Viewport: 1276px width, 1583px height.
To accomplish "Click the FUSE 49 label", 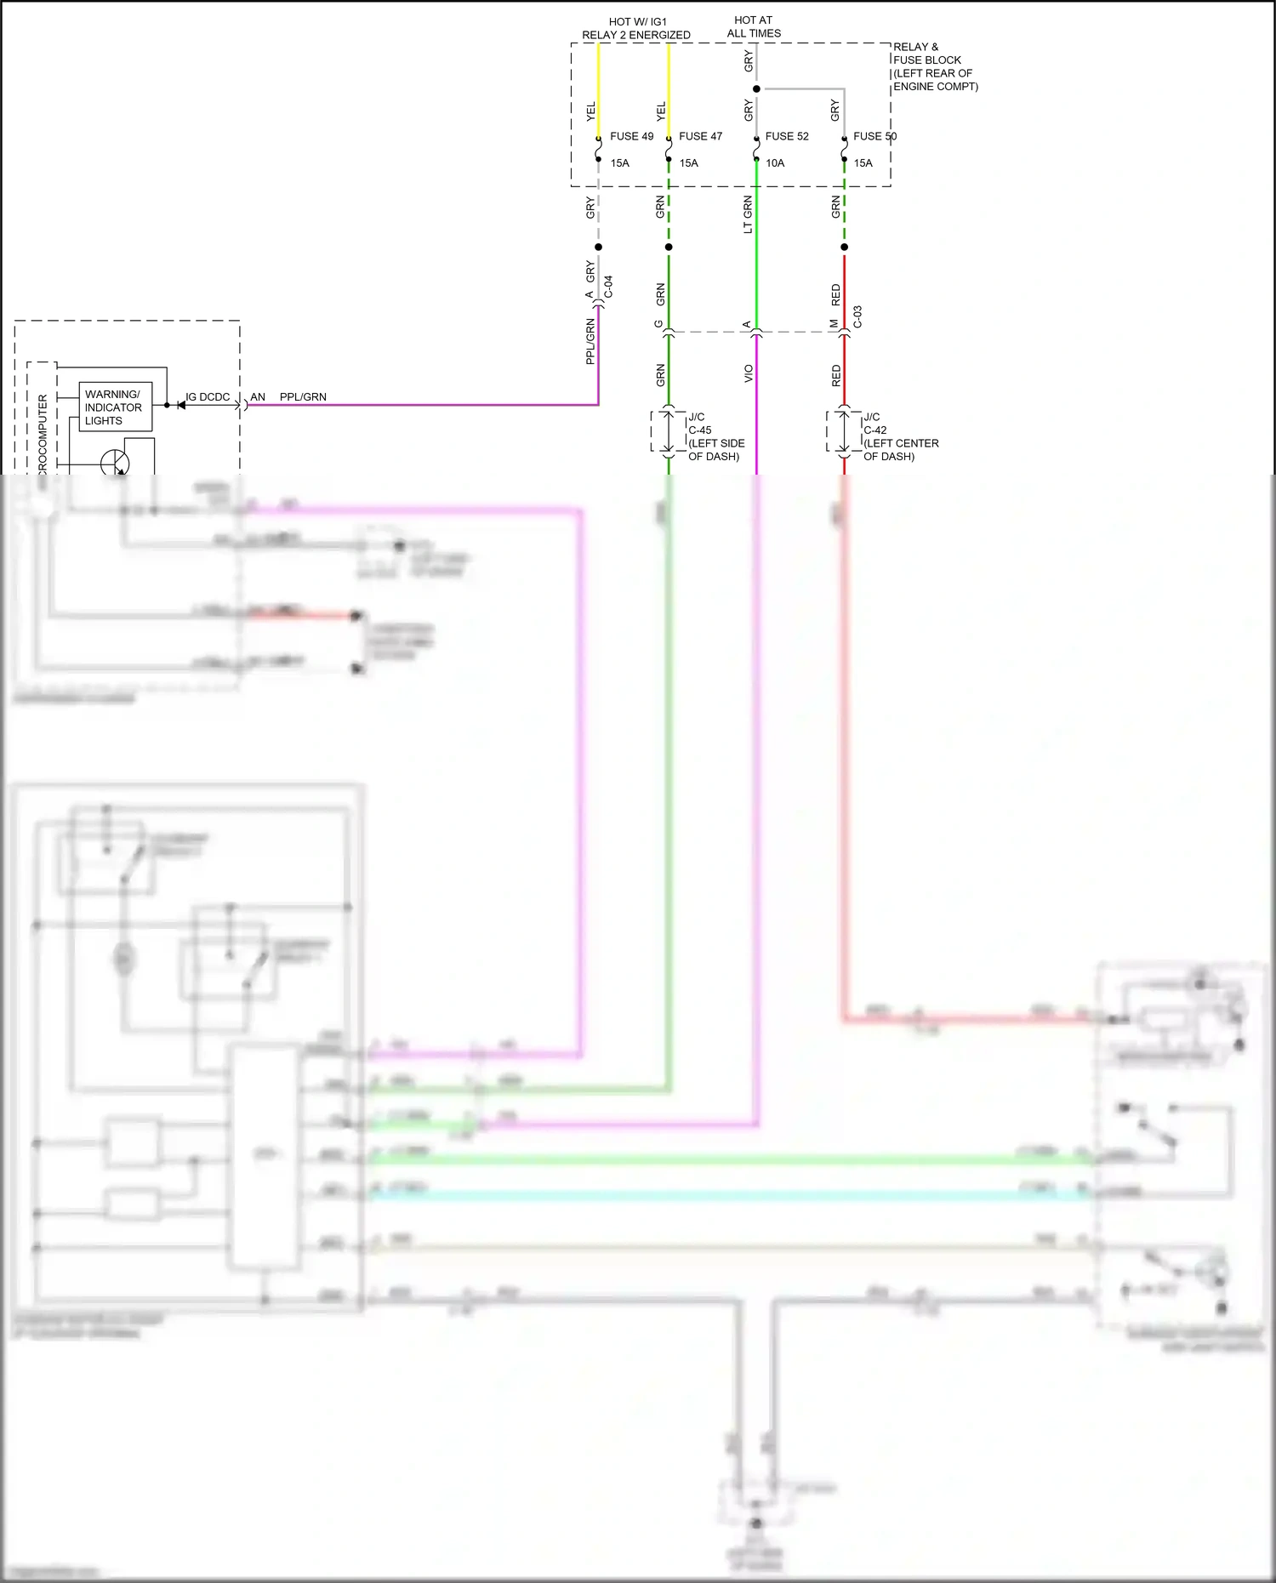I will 631,136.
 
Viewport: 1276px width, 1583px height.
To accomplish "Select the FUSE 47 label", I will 700,136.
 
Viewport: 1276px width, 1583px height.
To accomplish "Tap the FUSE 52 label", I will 787,136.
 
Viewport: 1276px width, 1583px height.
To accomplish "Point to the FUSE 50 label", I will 874,136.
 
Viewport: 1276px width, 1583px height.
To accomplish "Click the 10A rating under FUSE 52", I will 774,163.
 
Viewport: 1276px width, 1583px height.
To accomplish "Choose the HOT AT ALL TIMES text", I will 754,26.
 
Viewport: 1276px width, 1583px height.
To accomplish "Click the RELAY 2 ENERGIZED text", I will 636,35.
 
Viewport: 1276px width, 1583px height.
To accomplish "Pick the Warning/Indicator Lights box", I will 115,407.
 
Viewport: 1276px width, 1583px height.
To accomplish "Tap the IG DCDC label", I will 208,397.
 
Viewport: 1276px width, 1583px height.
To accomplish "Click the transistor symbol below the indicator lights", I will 115,464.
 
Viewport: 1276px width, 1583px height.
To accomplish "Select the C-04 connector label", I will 608,287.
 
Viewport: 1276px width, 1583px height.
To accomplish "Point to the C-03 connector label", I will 857,317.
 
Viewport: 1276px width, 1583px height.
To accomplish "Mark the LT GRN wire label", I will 748,214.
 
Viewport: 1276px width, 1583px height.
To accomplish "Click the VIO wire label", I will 749,373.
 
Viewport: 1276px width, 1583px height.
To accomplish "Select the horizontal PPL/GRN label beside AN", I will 303,397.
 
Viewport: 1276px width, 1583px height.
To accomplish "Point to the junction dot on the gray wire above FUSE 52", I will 756,88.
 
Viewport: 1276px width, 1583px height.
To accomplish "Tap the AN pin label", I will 258,397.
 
